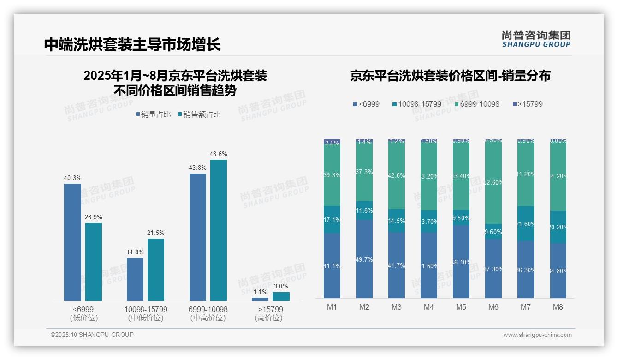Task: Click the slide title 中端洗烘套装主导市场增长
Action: click(x=132, y=44)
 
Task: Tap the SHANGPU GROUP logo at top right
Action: click(x=536, y=39)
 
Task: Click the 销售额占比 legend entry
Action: click(x=199, y=114)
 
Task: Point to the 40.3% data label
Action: click(x=72, y=178)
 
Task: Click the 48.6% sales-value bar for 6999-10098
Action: click(x=219, y=230)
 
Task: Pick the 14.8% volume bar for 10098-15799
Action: click(x=135, y=279)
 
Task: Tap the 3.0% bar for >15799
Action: click(x=281, y=296)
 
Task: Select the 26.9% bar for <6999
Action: click(x=94, y=262)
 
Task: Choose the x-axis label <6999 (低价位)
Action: click(x=83, y=313)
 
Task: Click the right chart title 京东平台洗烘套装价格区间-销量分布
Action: click(x=450, y=76)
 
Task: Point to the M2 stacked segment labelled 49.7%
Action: click(x=364, y=259)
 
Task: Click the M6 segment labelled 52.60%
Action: click(x=493, y=182)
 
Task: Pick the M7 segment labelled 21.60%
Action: click(x=526, y=224)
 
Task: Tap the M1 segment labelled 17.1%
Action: click(x=332, y=220)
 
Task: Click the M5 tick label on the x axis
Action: click(x=461, y=307)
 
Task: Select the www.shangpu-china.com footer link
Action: click(x=537, y=335)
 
